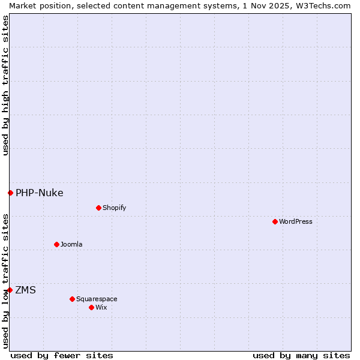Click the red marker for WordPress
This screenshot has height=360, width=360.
(275, 221)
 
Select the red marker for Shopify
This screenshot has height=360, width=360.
(98, 208)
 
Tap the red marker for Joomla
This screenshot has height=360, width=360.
(56, 244)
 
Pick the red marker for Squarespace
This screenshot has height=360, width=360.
(72, 299)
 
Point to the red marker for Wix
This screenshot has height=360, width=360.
(91, 307)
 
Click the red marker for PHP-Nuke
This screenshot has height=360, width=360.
(10, 193)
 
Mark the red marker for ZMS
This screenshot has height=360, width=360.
(10, 290)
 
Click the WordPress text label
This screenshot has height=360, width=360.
(296, 221)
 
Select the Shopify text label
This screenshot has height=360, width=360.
(114, 208)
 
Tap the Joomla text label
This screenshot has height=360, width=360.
(71, 244)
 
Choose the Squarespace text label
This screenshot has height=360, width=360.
(97, 299)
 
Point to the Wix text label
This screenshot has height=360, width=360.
(101, 307)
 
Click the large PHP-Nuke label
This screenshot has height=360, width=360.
(40, 193)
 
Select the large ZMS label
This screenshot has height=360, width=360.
(25, 290)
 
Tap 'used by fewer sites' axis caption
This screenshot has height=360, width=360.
(62, 355)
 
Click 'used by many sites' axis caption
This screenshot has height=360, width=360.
(301, 355)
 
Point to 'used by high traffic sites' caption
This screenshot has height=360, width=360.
(5, 85)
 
